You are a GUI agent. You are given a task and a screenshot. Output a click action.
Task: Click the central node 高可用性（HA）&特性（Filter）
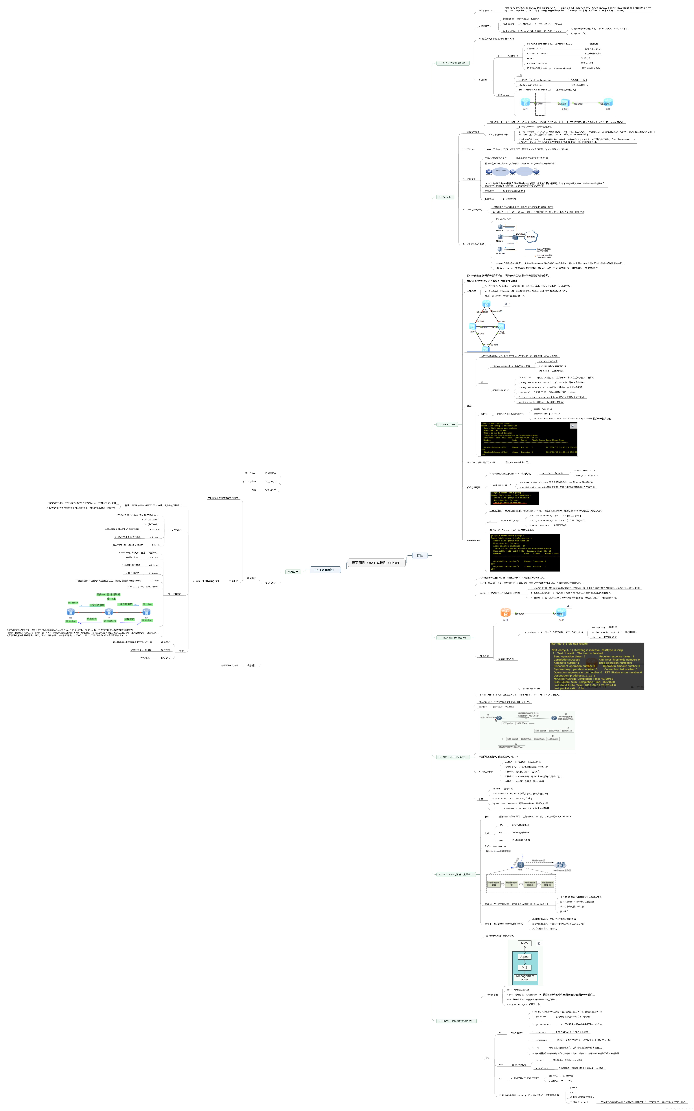click(x=375, y=562)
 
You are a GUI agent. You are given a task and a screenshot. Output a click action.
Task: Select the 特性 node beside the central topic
click(x=419, y=555)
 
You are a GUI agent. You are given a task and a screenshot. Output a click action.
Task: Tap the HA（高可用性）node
click(x=324, y=570)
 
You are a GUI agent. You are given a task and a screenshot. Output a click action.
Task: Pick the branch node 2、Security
click(x=445, y=197)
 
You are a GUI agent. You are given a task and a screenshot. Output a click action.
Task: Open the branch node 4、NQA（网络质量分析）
click(x=452, y=638)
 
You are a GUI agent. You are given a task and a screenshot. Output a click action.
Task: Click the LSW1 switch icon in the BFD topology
click(x=565, y=103)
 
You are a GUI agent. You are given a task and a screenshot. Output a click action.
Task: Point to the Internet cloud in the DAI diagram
click(x=531, y=237)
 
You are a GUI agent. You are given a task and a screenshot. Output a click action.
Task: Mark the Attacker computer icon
click(x=500, y=249)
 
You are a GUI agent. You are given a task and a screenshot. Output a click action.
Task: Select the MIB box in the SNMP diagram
click(x=524, y=967)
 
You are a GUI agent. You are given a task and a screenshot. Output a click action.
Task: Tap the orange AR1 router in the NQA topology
click(x=505, y=613)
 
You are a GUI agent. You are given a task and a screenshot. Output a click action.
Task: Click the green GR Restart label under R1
click(x=110, y=621)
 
